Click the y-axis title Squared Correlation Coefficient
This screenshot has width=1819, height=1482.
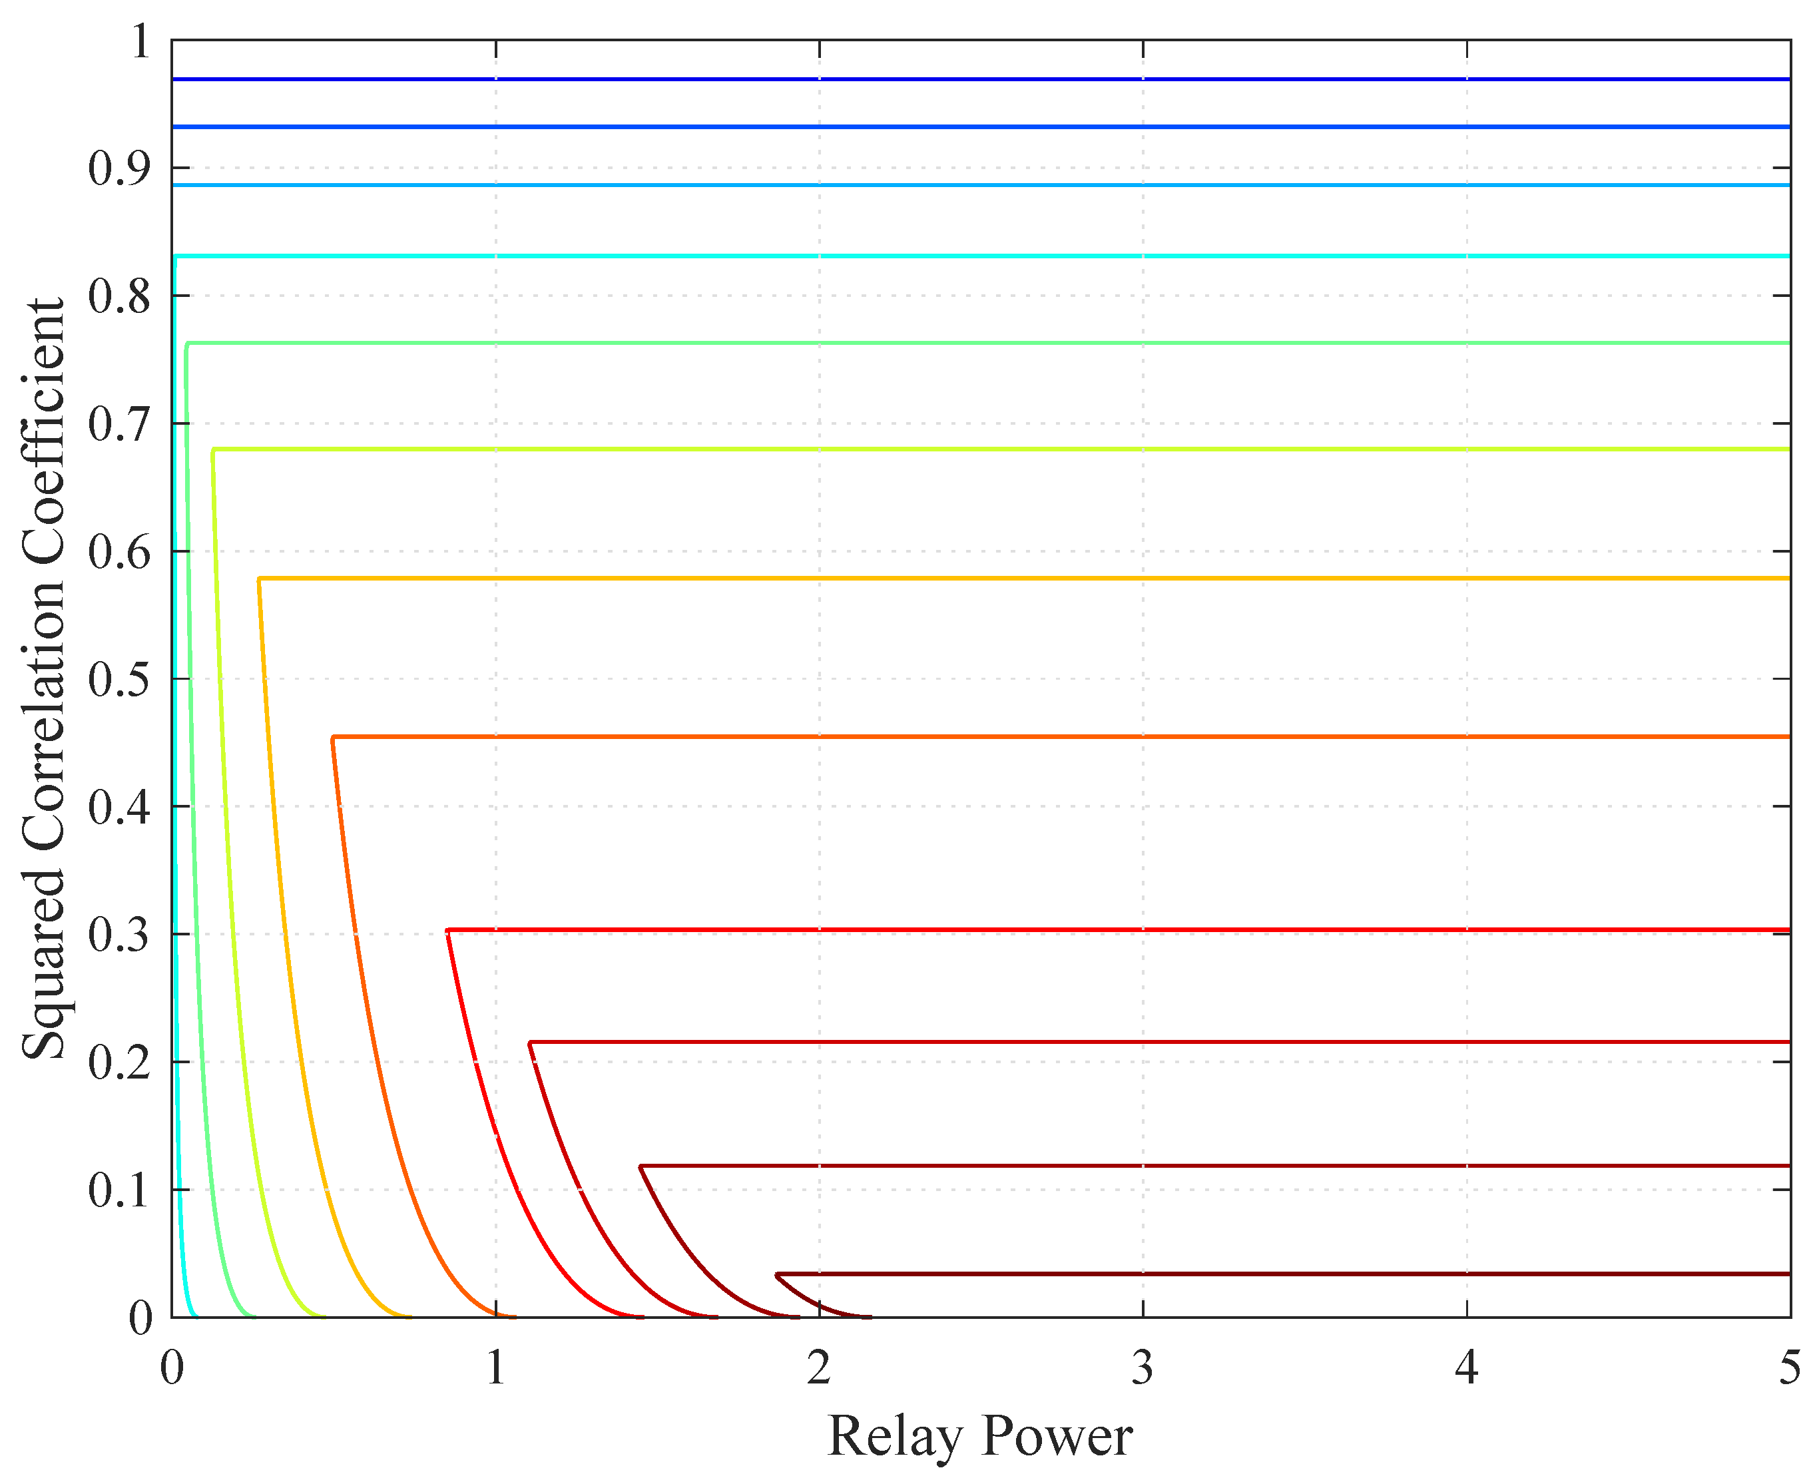[x=43, y=678]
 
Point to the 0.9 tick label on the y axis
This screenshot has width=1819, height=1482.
[x=119, y=168]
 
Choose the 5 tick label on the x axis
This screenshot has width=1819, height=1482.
[x=1789, y=1367]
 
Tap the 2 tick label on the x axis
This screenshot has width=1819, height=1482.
[x=818, y=1367]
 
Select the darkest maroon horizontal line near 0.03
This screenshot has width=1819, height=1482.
[x=1280, y=1274]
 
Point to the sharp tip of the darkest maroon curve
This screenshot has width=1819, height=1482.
[x=777, y=1274]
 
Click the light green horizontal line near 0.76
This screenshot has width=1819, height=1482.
[x=981, y=343]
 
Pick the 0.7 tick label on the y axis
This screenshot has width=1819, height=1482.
[x=119, y=424]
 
